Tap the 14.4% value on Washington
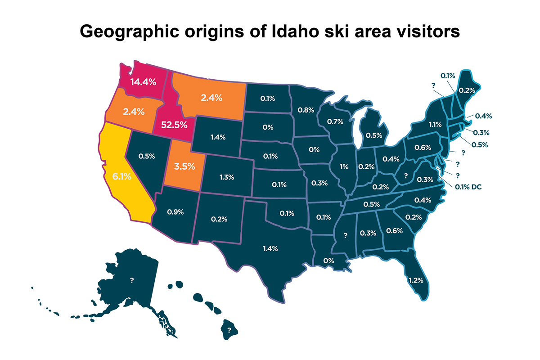tap(143, 82)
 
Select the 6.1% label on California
tap(122, 177)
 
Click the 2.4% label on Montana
tap(211, 97)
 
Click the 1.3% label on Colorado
tap(227, 177)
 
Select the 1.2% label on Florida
tap(415, 280)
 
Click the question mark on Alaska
tap(132, 280)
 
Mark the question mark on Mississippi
tap(346, 235)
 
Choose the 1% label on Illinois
tap(344, 166)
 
